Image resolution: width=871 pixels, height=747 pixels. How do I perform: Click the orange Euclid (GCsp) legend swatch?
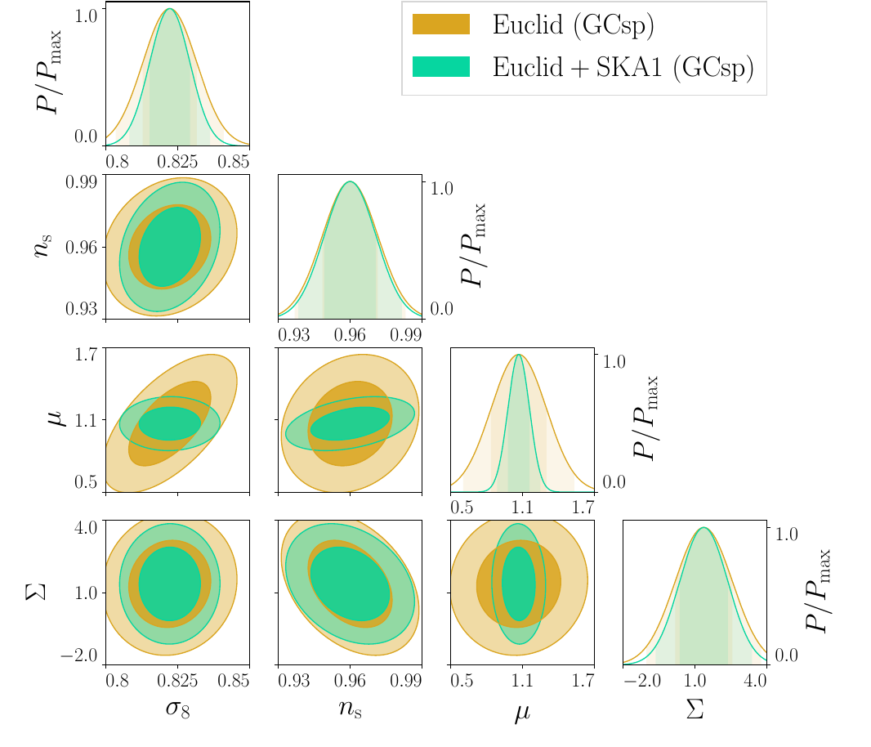[441, 25]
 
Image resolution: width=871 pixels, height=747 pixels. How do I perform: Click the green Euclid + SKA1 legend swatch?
[441, 67]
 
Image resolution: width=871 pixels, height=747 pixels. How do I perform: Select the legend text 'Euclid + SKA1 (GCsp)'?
[623, 67]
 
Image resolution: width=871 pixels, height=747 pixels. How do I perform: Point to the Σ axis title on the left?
[34, 591]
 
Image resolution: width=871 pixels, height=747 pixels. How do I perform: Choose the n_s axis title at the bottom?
[350, 708]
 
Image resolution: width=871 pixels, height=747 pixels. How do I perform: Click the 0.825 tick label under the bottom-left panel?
[178, 680]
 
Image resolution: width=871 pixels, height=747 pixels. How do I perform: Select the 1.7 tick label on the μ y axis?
[87, 355]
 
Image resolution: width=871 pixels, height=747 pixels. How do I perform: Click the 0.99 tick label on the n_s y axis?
[82, 181]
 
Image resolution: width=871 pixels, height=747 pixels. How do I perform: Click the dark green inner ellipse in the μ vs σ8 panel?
[170, 423]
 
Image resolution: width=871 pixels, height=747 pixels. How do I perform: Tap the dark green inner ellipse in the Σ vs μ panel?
[518, 584]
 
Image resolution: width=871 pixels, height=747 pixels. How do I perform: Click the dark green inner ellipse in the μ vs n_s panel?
[350, 423]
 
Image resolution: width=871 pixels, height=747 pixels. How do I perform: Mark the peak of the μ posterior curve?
[519, 356]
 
